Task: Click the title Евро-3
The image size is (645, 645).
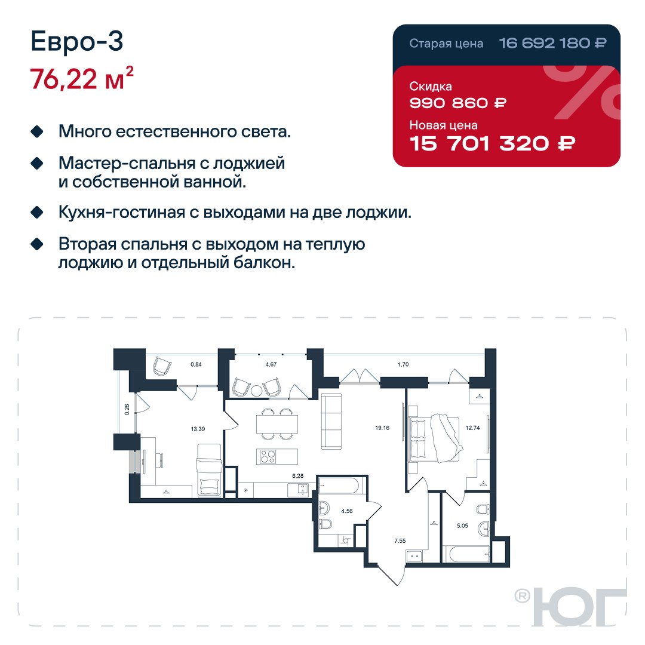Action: [x=77, y=42]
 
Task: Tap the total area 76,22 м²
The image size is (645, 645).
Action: [x=82, y=78]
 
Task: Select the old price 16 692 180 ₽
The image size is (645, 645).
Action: [x=552, y=43]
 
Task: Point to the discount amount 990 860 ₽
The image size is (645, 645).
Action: [x=458, y=103]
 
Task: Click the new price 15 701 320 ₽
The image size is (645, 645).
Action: [x=492, y=143]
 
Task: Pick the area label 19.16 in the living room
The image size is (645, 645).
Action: [x=382, y=428]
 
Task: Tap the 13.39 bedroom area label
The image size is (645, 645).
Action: [x=198, y=429]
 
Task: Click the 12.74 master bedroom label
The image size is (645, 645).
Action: [x=472, y=428]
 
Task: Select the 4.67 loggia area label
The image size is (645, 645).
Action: [x=271, y=364]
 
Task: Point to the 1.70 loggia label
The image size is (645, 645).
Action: [x=403, y=364]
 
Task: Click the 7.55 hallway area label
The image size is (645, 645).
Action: [x=400, y=540]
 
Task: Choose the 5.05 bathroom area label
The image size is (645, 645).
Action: [x=462, y=526]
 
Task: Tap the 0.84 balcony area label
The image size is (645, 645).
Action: [x=196, y=364]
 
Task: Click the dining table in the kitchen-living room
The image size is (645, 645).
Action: [x=277, y=424]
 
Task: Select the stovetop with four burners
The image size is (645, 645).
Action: [x=268, y=457]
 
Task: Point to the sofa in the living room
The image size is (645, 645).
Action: [x=331, y=421]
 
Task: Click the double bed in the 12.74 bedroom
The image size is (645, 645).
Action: [x=434, y=440]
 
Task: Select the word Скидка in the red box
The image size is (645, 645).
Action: [x=431, y=87]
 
